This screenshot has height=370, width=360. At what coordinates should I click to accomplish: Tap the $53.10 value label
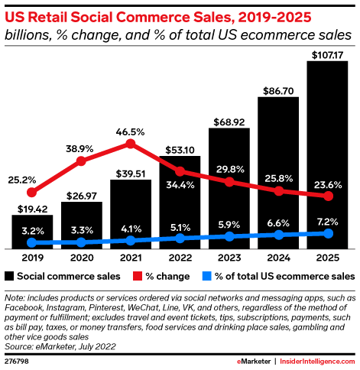[x=179, y=148]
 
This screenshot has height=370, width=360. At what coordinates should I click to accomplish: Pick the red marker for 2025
[x=328, y=196]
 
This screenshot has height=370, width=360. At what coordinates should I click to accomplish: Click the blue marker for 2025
[x=328, y=233]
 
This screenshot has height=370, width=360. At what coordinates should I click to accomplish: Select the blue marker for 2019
[x=32, y=243]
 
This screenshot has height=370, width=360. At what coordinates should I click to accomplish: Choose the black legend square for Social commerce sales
[x=9, y=275]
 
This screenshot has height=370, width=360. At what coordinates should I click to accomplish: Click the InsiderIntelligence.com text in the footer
[x=316, y=362]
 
